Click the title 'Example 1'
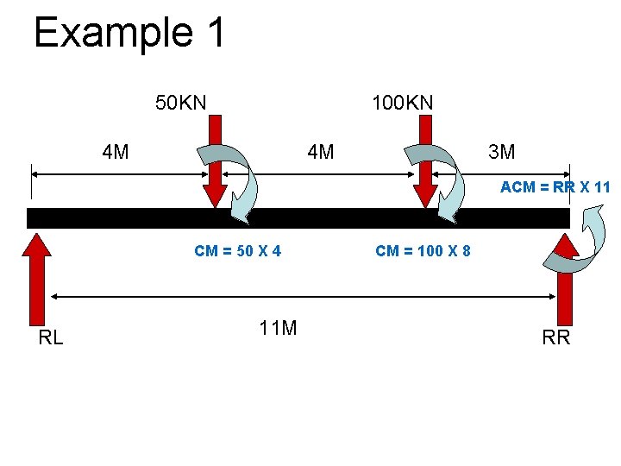pyautogui.click(x=129, y=33)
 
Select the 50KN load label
pyautogui.click(x=180, y=104)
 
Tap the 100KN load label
pyautogui.click(x=402, y=104)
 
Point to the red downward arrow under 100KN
pyautogui.click(x=424, y=168)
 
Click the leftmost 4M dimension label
pyautogui.click(x=116, y=154)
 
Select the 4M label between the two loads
pyautogui.click(x=320, y=154)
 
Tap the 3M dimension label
pyautogui.click(x=501, y=154)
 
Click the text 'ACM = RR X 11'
pyautogui.click(x=555, y=186)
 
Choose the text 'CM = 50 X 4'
pyautogui.click(x=237, y=251)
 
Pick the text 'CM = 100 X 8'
pyautogui.click(x=423, y=251)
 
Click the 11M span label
pyautogui.click(x=278, y=328)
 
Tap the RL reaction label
pyautogui.click(x=51, y=337)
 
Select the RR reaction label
pyautogui.click(x=555, y=337)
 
